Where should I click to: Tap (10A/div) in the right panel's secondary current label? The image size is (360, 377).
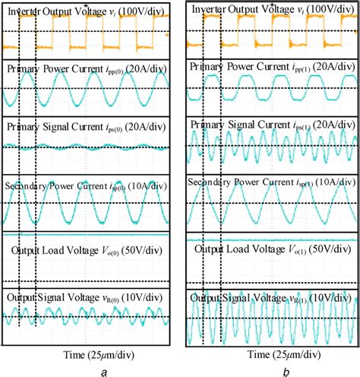pyautogui.click(x=333, y=183)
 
